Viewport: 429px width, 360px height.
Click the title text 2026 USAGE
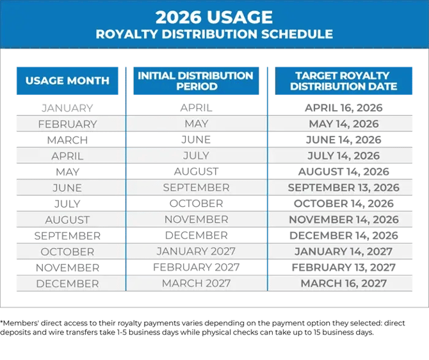pos(214,17)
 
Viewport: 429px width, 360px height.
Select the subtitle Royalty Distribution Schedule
pos(214,34)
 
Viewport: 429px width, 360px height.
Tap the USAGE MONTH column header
pos(67,81)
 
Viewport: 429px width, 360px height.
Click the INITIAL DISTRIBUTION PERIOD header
pos(196,81)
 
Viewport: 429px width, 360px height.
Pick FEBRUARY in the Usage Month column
pos(67,124)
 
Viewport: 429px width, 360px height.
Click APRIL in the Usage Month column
pos(67,156)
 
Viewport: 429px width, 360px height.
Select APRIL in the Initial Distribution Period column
pos(196,108)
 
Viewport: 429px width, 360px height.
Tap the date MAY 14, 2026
pos(344,124)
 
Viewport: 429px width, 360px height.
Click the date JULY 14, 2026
pos(344,156)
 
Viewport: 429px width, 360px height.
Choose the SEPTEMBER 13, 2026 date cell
pos(344,188)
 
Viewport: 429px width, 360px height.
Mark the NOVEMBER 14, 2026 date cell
pos(344,220)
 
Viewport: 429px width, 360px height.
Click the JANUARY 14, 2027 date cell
pos(344,252)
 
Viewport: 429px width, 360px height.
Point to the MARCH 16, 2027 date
pos(344,284)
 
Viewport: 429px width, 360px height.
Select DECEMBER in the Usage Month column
pos(67,284)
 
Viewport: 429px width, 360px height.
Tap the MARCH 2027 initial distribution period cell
pos(196,284)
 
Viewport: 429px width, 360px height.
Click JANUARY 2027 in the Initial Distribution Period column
pos(196,252)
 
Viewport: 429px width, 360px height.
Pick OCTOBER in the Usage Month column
pos(67,252)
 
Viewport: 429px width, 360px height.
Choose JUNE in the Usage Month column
pos(67,188)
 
